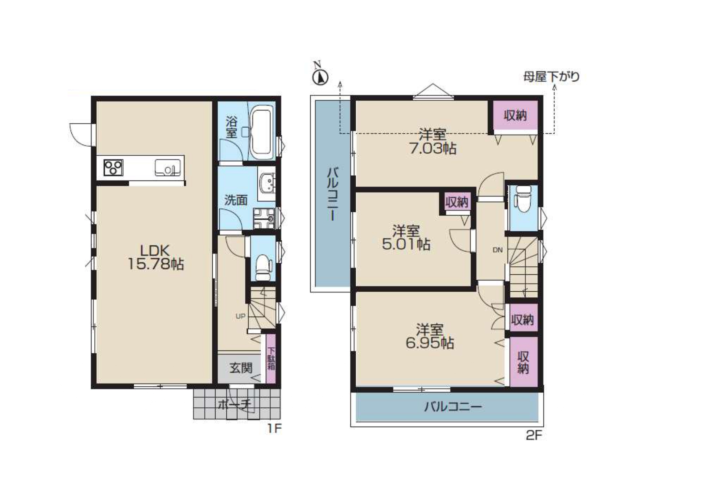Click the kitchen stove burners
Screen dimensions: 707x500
[x=113, y=167]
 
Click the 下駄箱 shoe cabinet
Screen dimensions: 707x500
[x=271, y=359]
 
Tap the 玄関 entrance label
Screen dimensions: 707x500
[x=241, y=367]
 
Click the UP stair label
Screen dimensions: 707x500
[x=241, y=316]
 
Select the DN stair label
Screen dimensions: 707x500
[x=498, y=250]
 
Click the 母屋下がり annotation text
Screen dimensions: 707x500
[x=551, y=77]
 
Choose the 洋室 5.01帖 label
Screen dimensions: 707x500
[x=406, y=238]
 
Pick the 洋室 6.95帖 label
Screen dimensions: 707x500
[x=430, y=336]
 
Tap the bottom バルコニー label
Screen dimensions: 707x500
[x=452, y=407]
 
